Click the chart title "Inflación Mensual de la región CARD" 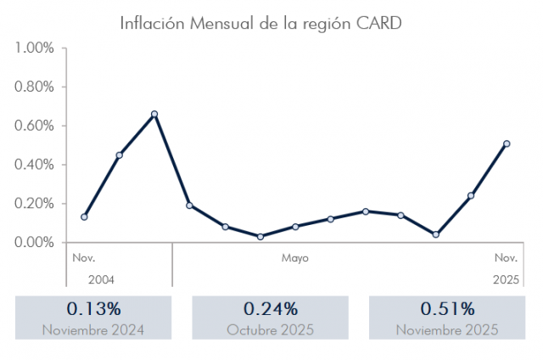click(260, 22)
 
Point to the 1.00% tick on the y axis click(35, 48)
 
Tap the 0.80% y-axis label click(35, 87)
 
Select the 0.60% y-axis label click(35, 126)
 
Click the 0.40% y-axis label click(35, 165)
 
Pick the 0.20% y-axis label click(35, 204)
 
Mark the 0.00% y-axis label click(35, 243)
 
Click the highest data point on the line click(154, 114)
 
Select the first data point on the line click(84, 217)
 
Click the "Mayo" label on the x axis click(295, 257)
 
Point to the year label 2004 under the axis click(100, 278)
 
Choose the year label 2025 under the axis click(506, 278)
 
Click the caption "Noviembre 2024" click(93, 329)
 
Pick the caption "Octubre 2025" click(271, 329)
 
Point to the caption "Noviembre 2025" click(447, 329)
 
